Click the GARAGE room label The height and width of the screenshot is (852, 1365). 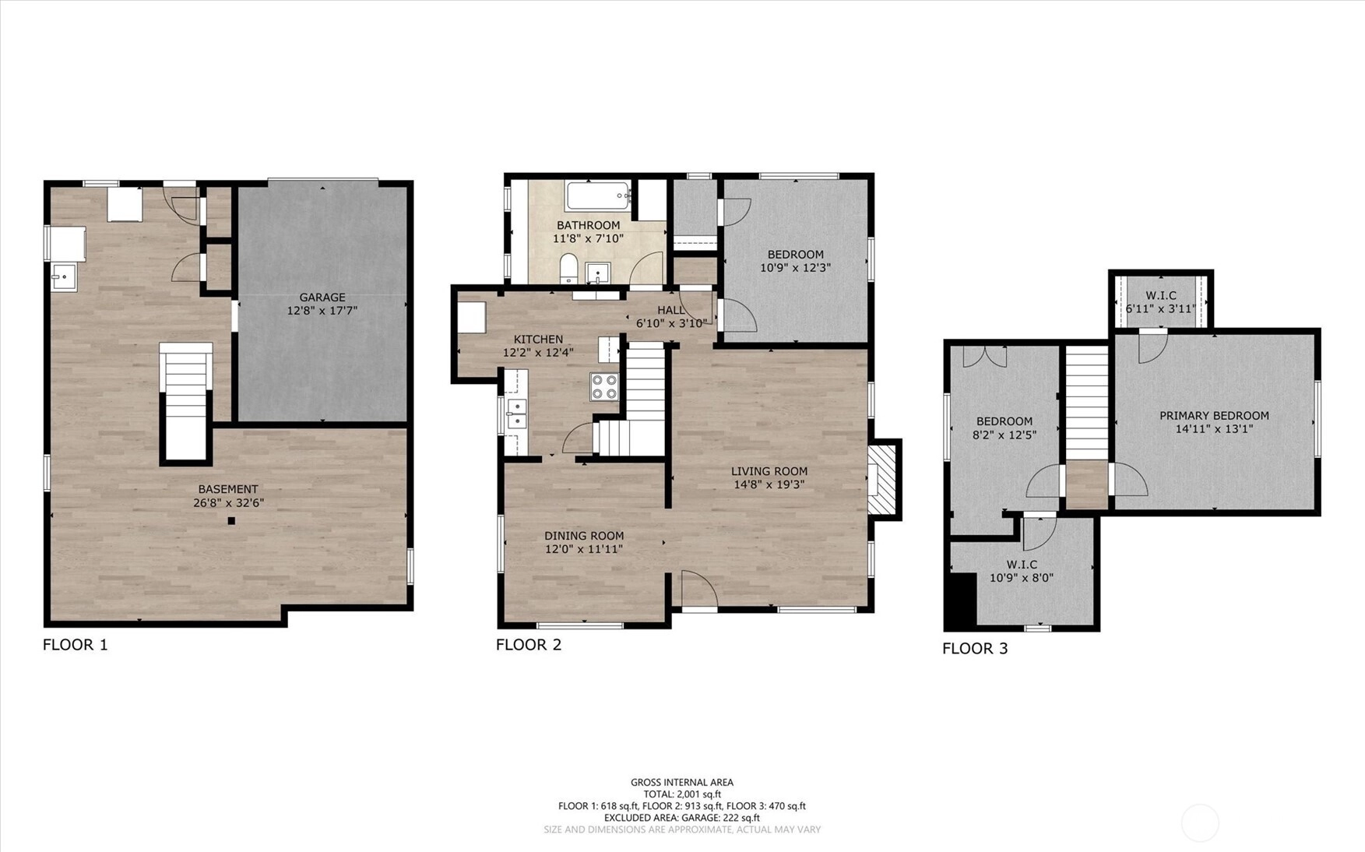point(322,297)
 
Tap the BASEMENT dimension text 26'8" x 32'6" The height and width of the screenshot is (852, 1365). point(229,502)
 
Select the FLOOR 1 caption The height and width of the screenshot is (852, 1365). point(76,645)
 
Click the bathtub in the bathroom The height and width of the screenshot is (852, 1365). point(599,195)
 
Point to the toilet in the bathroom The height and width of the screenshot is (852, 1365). point(569,269)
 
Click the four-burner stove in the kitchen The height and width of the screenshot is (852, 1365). point(604,387)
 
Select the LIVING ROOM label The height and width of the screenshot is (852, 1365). point(769,471)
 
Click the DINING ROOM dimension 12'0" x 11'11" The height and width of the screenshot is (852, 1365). point(584,549)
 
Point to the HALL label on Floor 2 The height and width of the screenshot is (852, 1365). point(671,310)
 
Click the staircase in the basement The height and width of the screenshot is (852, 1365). point(186,401)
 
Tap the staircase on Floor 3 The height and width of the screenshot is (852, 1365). point(1087,403)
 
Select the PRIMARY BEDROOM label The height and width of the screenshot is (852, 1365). point(1215,416)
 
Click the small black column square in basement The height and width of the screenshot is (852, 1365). point(231,521)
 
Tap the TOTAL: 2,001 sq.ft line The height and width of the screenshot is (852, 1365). point(682,794)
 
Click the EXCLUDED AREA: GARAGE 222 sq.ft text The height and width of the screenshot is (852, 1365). point(682,818)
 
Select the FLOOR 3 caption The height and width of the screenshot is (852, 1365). point(975,649)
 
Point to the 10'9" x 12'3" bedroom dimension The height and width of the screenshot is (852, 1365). point(796,267)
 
